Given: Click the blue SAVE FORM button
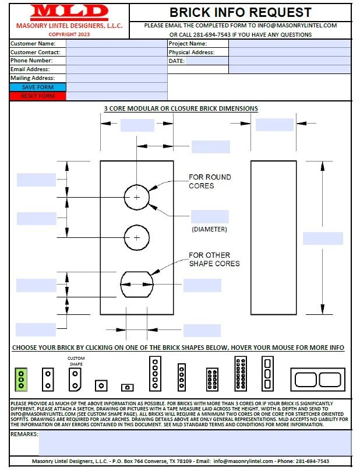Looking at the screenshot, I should (x=38, y=87).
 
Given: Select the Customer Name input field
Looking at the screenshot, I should (x=116, y=44).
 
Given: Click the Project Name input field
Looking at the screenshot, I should (x=290, y=44).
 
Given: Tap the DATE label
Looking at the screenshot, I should (x=177, y=61).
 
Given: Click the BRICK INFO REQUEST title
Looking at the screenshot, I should (x=240, y=12).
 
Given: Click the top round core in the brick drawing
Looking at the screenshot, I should (x=137, y=198).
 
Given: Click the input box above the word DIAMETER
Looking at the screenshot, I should (x=210, y=216).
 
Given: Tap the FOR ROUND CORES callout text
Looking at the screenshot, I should (x=210, y=181).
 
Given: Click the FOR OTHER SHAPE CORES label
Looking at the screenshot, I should (x=214, y=259).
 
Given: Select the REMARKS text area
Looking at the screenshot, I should (x=195, y=443).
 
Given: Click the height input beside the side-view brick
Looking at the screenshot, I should (x=323, y=238).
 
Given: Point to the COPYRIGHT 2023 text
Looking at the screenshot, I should (x=69, y=34).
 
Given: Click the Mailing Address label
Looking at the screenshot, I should (x=33, y=78).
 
